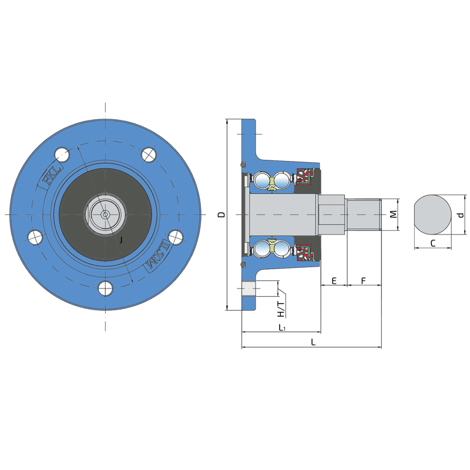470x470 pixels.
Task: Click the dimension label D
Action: click(221, 214)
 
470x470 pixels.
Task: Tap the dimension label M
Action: click(393, 214)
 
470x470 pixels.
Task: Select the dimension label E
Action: click(334, 281)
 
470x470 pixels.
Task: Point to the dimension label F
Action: click(364, 281)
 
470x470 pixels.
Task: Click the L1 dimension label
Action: click(282, 327)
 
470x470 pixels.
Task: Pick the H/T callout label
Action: click(281, 310)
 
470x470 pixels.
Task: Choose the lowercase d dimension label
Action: click(461, 214)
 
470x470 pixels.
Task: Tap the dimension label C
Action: click(432, 243)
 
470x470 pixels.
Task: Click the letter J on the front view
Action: click(121, 240)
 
